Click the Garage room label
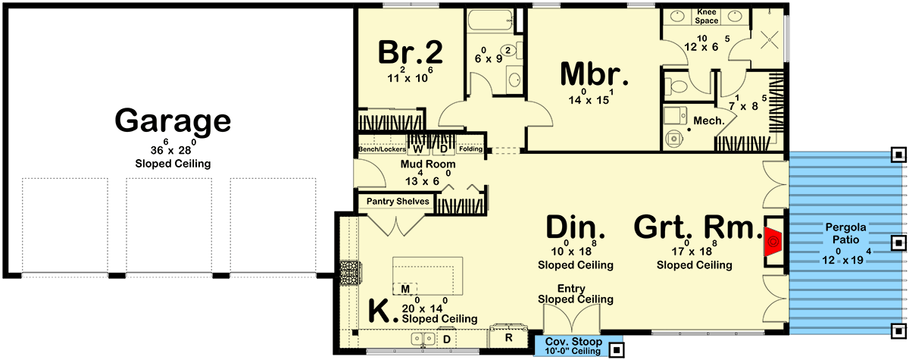pyautogui.click(x=173, y=121)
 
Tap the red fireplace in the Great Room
pyautogui.click(x=773, y=242)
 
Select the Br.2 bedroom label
pyautogui.click(x=411, y=52)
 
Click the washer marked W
pyautogui.click(x=417, y=149)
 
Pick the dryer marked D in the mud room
pyautogui.click(x=444, y=149)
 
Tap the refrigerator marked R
pyautogui.click(x=508, y=337)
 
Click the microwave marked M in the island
pyautogui.click(x=405, y=289)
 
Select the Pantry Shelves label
pyautogui.click(x=398, y=202)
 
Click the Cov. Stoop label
pyautogui.click(x=573, y=342)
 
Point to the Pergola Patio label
pyautogui.click(x=845, y=233)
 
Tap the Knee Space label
pyautogui.click(x=707, y=16)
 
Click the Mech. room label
pyautogui.click(x=709, y=121)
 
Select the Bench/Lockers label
pyautogui.click(x=382, y=149)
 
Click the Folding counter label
pyautogui.click(x=470, y=149)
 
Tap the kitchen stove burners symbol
pyautogui.click(x=349, y=273)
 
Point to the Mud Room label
pyautogui.click(x=428, y=164)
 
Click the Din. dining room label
pyautogui.click(x=576, y=227)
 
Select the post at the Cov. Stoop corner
pyautogui.click(x=617, y=349)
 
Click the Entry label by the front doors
pyautogui.click(x=571, y=289)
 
